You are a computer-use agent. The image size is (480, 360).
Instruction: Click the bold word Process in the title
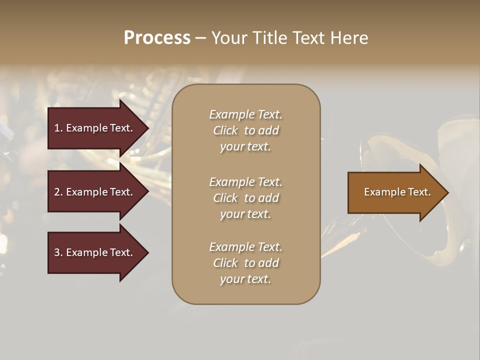[157, 37]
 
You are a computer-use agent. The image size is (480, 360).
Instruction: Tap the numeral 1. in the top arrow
[58, 128]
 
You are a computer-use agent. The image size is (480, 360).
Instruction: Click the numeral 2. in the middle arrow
[58, 192]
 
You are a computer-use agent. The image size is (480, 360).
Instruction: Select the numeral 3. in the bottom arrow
[58, 252]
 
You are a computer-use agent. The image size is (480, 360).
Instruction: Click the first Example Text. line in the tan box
[245, 114]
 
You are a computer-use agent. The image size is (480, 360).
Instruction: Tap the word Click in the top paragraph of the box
[225, 130]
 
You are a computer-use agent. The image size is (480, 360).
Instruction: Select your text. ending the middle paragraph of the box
[245, 214]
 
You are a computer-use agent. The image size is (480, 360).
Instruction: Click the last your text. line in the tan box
[245, 279]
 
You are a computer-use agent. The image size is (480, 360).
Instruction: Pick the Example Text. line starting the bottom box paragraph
[245, 247]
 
